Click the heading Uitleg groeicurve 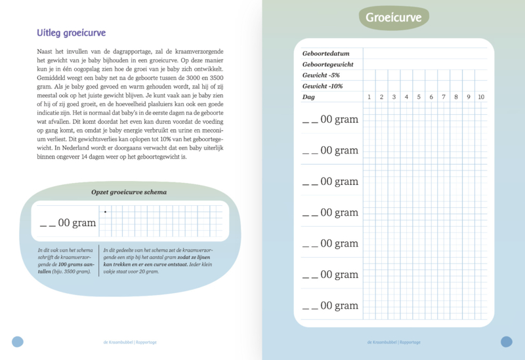(x=72, y=33)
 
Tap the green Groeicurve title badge (x=393, y=18)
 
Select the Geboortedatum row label (x=325, y=53)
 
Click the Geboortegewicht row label (x=328, y=64)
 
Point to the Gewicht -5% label (x=322, y=75)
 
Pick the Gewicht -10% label (x=323, y=86)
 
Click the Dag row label (x=308, y=97)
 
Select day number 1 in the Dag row (x=369, y=97)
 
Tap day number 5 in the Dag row (x=419, y=97)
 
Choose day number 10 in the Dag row (x=481, y=97)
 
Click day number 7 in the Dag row (x=444, y=97)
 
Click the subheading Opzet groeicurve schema (x=129, y=192)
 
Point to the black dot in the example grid (x=105, y=211)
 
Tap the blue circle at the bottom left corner (x=18, y=341)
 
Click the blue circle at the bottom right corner (x=507, y=341)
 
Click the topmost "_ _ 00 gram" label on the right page (x=330, y=119)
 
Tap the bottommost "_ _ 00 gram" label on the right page (x=330, y=306)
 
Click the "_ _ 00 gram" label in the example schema (x=68, y=223)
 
